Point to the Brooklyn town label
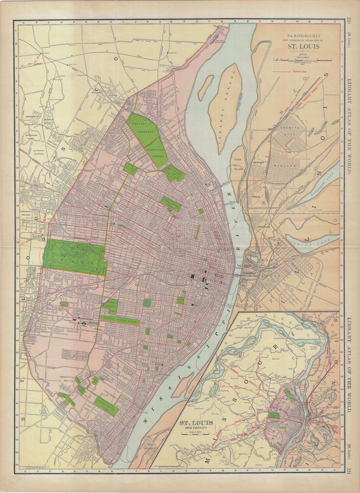click(x=263, y=227)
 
